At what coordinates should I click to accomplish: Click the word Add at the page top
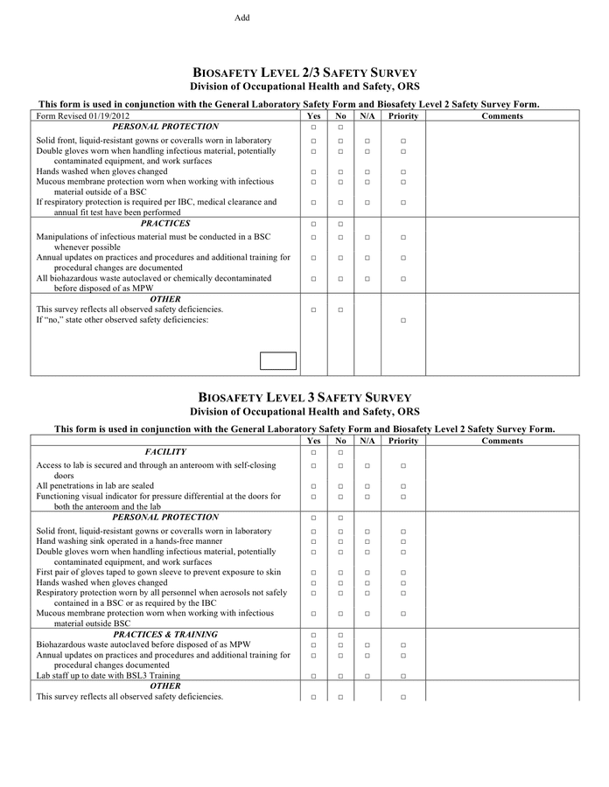pyautogui.click(x=241, y=17)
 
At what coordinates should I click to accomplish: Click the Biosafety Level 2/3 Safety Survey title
pyautogui.click(x=304, y=73)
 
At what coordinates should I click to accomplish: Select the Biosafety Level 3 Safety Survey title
pyautogui.click(x=304, y=397)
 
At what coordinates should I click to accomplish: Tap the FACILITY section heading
pyautogui.click(x=165, y=452)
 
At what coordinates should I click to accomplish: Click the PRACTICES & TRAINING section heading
pyautogui.click(x=165, y=634)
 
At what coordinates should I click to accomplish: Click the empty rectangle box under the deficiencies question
pyautogui.click(x=278, y=360)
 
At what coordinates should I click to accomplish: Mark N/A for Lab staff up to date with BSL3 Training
pyautogui.click(x=367, y=676)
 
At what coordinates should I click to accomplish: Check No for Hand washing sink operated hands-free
pyautogui.click(x=340, y=542)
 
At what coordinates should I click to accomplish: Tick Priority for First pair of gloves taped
pyautogui.click(x=403, y=573)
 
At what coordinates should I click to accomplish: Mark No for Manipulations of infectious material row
pyautogui.click(x=340, y=237)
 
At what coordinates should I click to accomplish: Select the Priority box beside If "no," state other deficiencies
pyautogui.click(x=403, y=321)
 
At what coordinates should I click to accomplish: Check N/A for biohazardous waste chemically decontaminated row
pyautogui.click(x=367, y=279)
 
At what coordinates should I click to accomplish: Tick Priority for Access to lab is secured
pyautogui.click(x=403, y=466)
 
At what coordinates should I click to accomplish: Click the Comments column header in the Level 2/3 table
pyautogui.click(x=502, y=115)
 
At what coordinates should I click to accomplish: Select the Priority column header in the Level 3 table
pyautogui.click(x=403, y=441)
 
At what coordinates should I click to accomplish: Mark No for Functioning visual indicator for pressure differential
pyautogui.click(x=340, y=497)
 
